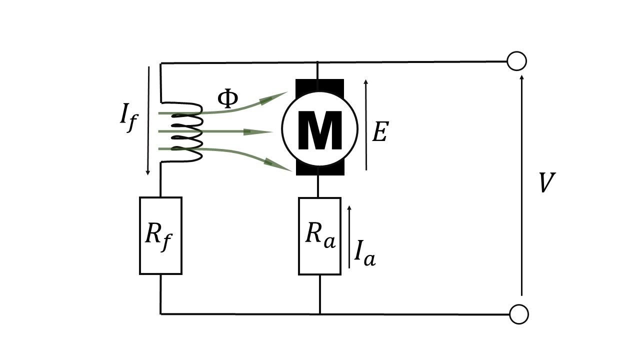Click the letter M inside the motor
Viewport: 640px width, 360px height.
click(320, 130)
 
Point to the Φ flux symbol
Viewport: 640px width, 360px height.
click(227, 98)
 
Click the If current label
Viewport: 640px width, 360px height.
click(129, 117)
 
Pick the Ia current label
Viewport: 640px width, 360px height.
click(365, 253)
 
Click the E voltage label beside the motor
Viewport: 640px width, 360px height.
click(380, 131)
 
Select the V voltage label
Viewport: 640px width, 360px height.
click(547, 182)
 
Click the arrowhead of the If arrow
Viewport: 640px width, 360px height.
click(147, 172)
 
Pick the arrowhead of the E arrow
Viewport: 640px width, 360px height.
click(365, 82)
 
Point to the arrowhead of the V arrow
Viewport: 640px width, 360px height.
click(522, 77)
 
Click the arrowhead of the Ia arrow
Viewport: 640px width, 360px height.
click(349, 208)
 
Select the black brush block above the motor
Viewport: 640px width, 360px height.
click(319, 85)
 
